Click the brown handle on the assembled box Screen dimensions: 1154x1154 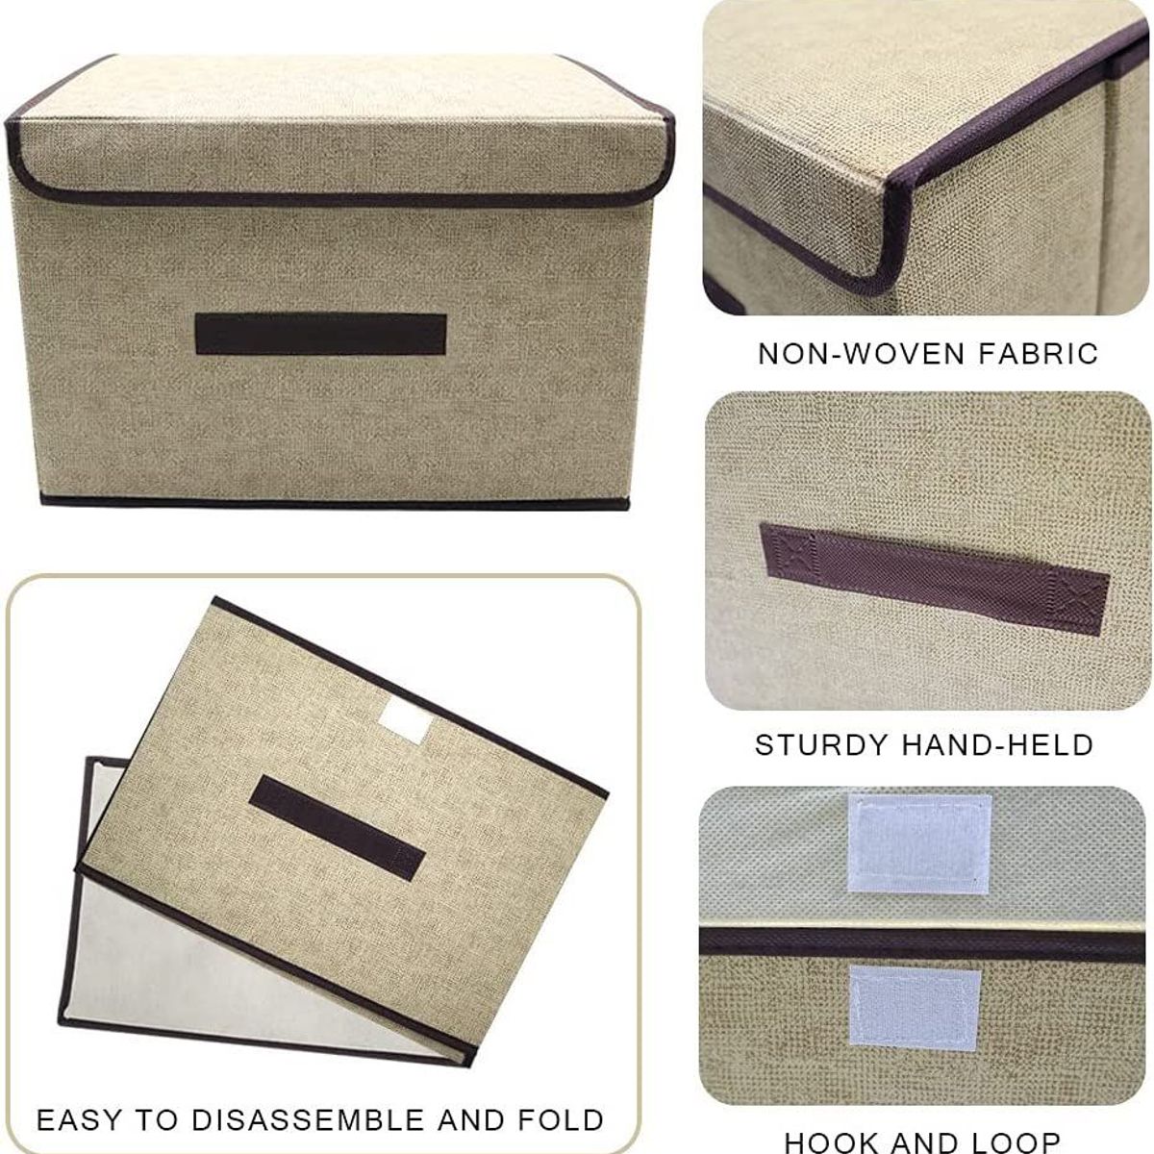pyautogui.click(x=320, y=334)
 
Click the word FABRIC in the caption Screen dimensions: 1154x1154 pyautogui.click(x=1038, y=354)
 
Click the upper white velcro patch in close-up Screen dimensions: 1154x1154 pyautogui.click(x=918, y=843)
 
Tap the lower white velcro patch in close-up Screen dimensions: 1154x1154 pyautogui.click(x=915, y=1007)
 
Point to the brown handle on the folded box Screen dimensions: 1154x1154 pyautogui.click(x=337, y=828)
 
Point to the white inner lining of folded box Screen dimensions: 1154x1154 pyautogui.click(x=192, y=962)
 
